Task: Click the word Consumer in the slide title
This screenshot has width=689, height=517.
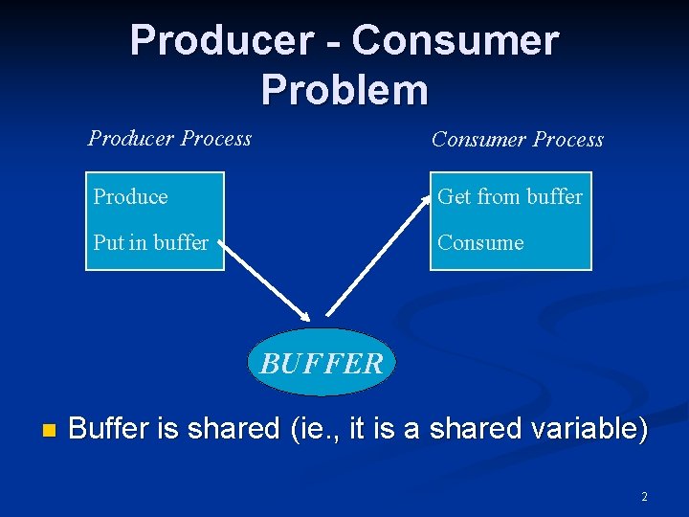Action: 455,41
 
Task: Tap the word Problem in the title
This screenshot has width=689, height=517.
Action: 344,90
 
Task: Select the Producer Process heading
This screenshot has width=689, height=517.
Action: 169,139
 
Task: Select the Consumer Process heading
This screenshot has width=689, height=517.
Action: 517,140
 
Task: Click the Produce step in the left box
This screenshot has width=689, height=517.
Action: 130,197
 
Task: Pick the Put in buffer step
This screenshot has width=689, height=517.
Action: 150,243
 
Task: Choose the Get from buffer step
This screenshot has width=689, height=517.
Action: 509,197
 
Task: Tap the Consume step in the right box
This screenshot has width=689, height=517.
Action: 480,243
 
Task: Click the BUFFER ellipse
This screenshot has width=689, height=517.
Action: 321,363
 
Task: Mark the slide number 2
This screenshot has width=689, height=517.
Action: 644,497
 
